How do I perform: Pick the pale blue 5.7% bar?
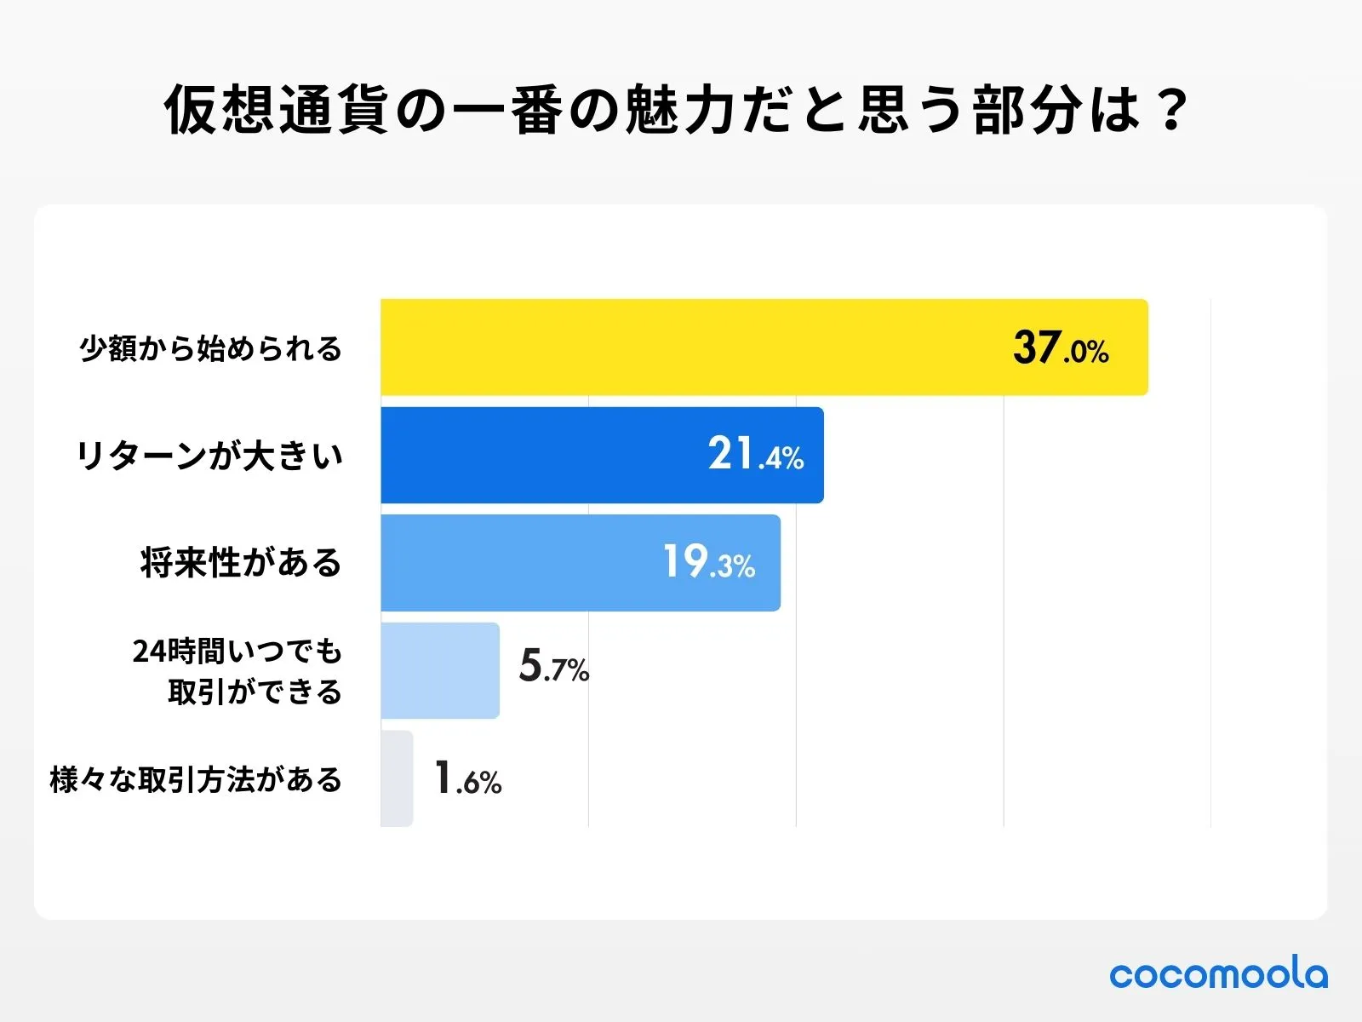439,670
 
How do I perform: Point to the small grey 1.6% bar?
397,778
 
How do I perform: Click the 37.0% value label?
1061,348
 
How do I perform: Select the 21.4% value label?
756,455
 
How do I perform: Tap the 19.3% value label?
709,563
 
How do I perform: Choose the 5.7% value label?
554,667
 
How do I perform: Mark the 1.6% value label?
467,778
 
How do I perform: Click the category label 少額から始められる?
210,348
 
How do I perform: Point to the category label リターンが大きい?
209,456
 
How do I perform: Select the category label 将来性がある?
241,563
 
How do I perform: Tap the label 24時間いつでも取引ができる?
237,671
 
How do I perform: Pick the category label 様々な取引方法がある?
196,779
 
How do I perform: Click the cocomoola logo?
1218,973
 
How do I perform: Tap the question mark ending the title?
1174,110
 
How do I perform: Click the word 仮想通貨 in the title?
277,110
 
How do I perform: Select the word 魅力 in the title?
678,110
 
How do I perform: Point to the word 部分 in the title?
1027,110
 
